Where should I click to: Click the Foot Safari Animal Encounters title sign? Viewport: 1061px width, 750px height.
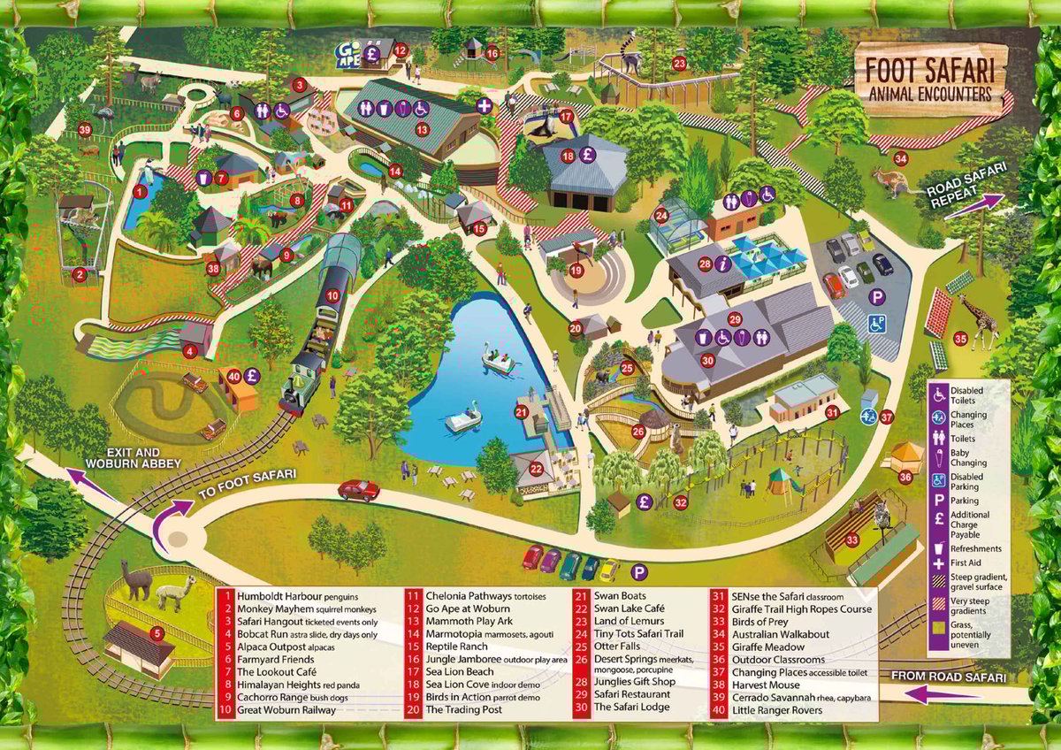click(x=928, y=78)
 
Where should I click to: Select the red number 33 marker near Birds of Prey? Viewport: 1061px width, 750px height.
click(x=851, y=540)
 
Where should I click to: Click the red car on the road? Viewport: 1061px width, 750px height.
click(x=358, y=490)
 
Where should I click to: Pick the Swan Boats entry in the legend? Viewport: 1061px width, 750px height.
click(x=604, y=597)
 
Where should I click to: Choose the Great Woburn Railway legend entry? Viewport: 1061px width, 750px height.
click(x=288, y=710)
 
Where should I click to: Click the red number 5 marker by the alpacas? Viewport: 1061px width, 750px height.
click(x=156, y=633)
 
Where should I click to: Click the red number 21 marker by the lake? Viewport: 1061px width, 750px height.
click(x=522, y=412)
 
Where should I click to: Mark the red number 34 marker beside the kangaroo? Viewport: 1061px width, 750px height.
click(x=900, y=159)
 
